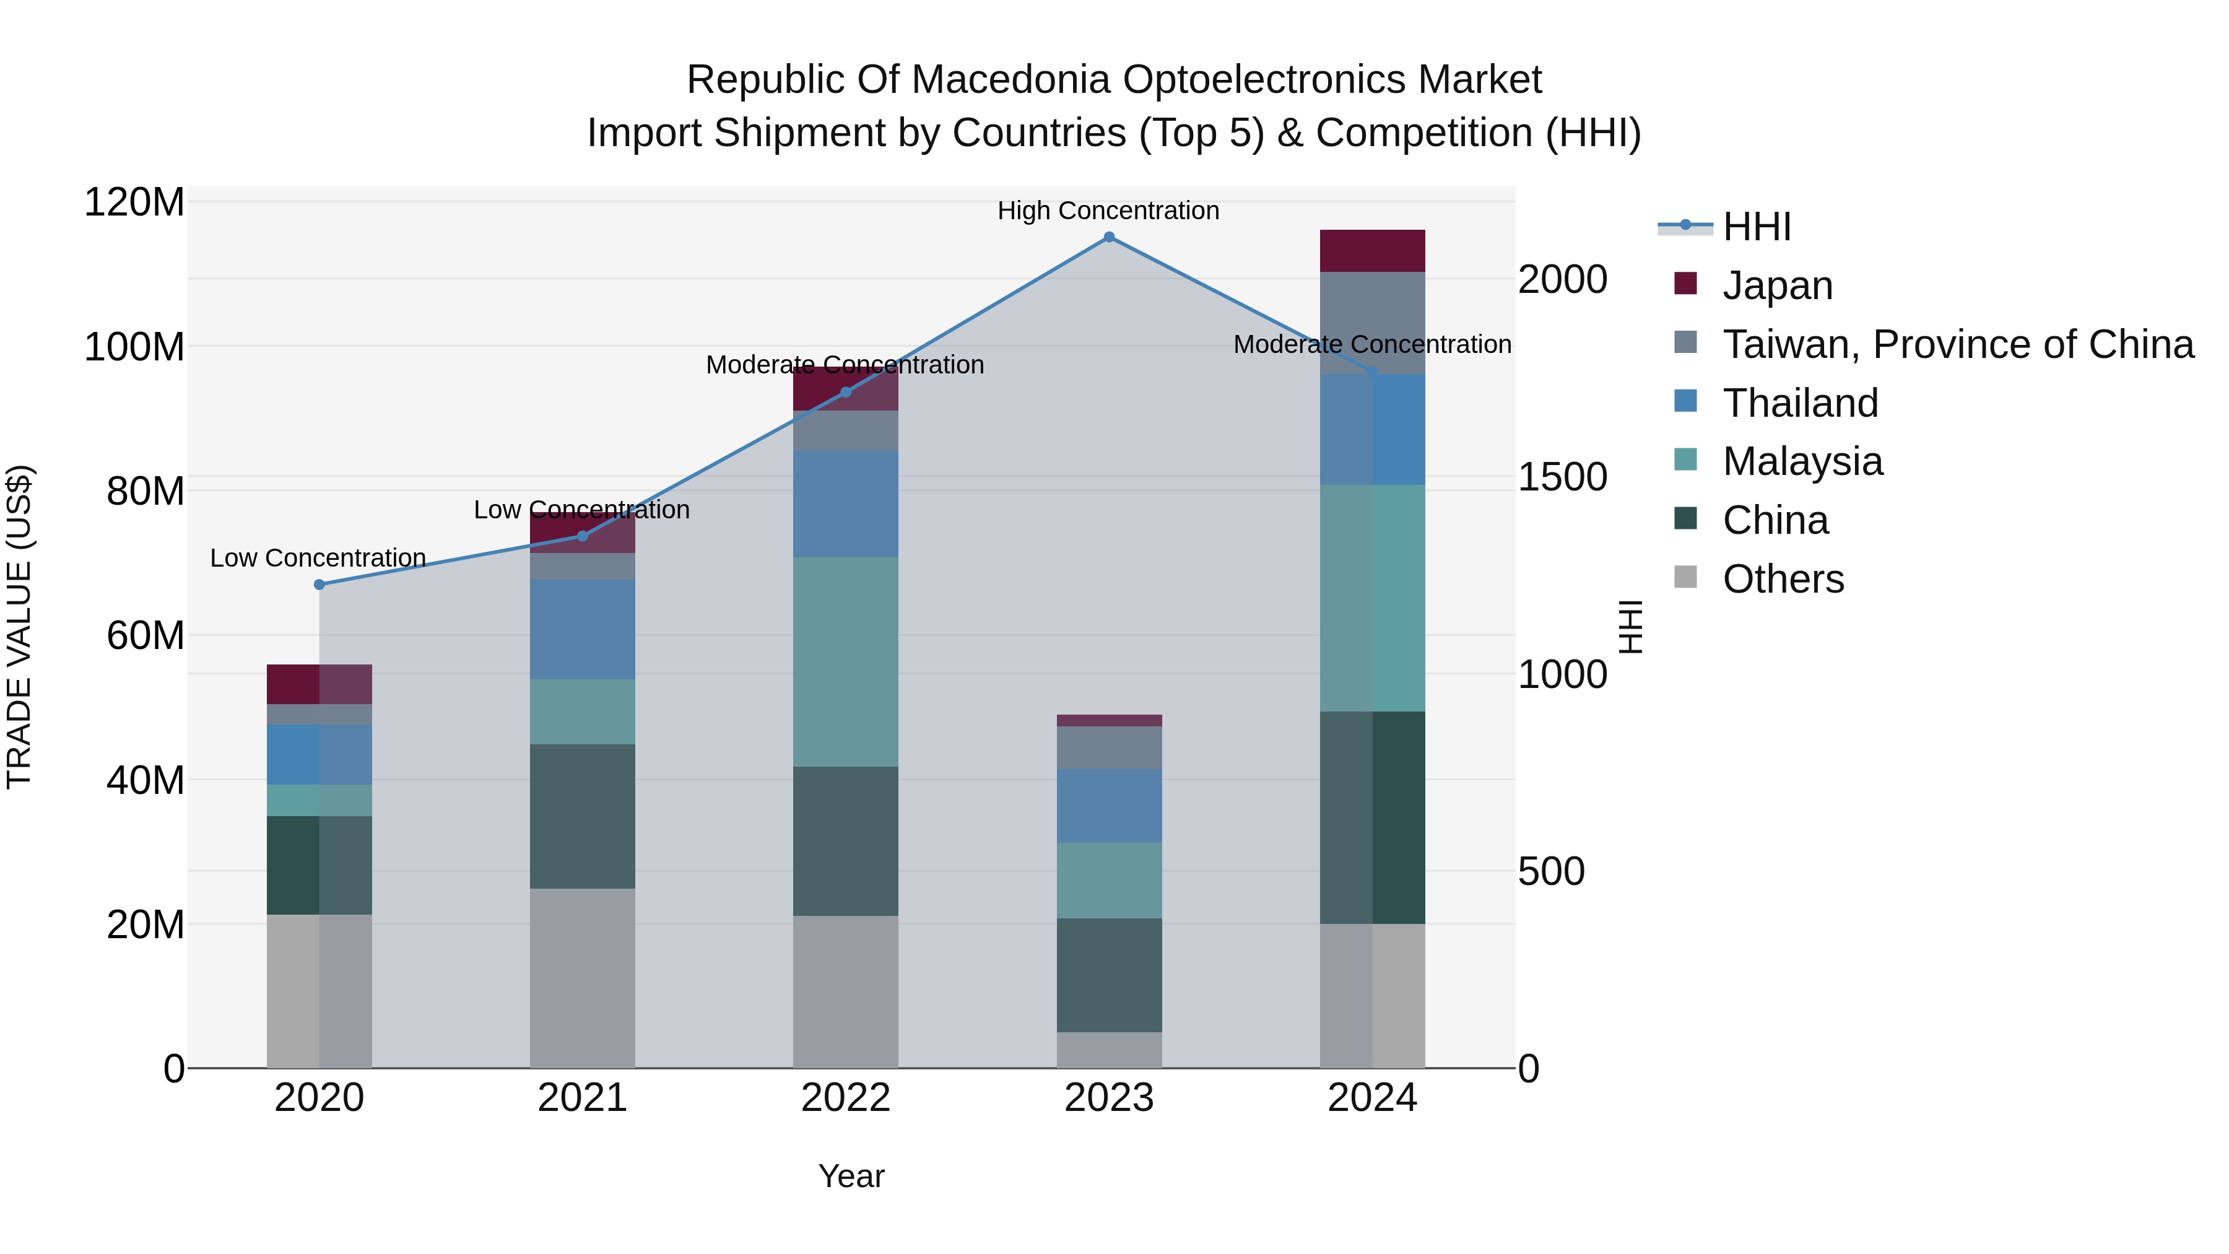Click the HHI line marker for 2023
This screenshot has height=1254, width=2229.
[x=1108, y=237]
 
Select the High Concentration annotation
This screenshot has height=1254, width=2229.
[x=1108, y=211]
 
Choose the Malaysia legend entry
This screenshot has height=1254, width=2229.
[x=1802, y=461]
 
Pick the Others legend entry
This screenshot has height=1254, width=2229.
[x=1783, y=579]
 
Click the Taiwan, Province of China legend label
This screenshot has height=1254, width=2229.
[x=1957, y=344]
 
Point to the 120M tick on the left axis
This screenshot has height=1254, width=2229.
[x=134, y=203]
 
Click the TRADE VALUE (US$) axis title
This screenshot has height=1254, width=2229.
[x=19, y=627]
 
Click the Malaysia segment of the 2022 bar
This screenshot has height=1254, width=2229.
[x=845, y=662]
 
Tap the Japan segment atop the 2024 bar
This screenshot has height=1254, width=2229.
[x=1371, y=251]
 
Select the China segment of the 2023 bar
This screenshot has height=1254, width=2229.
[x=1108, y=975]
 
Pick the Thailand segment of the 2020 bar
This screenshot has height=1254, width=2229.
[x=319, y=755]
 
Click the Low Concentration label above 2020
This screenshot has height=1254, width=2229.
[x=318, y=558]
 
